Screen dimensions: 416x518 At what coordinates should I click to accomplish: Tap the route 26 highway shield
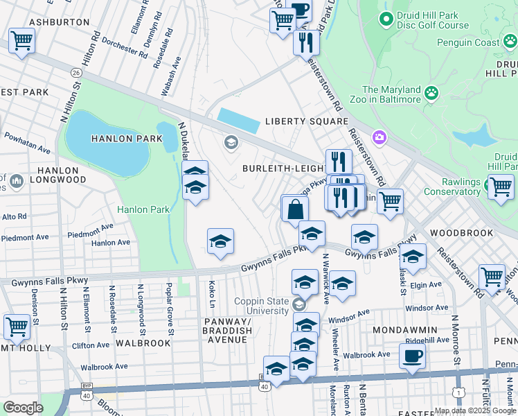pyautogui.click(x=76, y=72)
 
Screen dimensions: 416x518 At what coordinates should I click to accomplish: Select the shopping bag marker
pyautogui.click(x=295, y=208)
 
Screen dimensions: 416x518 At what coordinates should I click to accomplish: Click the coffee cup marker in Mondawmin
pyautogui.click(x=413, y=356)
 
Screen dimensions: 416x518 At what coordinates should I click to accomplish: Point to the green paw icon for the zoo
pyautogui.click(x=432, y=92)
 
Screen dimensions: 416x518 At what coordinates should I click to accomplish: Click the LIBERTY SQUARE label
pyautogui.click(x=307, y=121)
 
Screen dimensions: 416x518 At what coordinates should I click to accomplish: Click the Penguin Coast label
pyautogui.click(x=467, y=43)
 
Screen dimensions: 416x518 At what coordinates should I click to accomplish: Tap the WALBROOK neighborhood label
pyautogui.click(x=143, y=343)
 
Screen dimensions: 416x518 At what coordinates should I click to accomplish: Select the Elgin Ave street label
pyautogui.click(x=426, y=285)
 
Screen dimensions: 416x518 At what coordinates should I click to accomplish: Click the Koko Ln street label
pyautogui.click(x=211, y=294)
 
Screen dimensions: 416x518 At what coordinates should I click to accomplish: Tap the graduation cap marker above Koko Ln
pyautogui.click(x=221, y=241)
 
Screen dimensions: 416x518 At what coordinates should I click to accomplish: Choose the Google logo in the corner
pyautogui.click(x=23, y=408)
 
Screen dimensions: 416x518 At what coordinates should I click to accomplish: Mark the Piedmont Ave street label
pyautogui.click(x=25, y=237)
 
